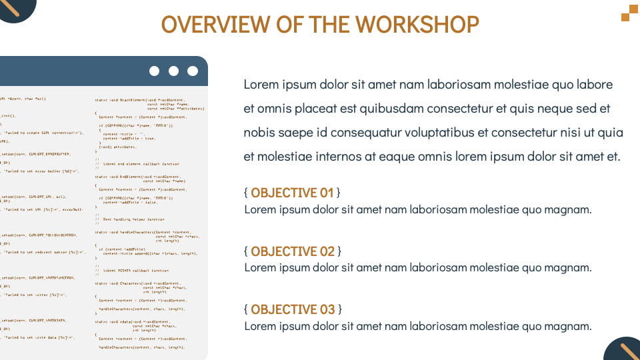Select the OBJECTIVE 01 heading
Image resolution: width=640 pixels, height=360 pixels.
pyautogui.click(x=292, y=193)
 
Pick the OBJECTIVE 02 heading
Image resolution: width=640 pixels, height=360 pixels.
pyautogui.click(x=293, y=251)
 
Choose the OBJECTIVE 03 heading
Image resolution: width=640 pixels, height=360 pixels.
pyautogui.click(x=293, y=309)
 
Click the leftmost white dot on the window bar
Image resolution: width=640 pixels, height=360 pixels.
pyautogui.click(x=155, y=71)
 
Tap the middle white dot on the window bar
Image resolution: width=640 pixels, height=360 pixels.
pyautogui.click(x=174, y=71)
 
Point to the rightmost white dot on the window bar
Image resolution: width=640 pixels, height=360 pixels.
pyautogui.click(x=193, y=71)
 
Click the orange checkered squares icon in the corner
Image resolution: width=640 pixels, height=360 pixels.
pyautogui.click(x=629, y=13)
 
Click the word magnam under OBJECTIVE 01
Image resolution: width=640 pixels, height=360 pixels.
pyautogui.click(x=567, y=209)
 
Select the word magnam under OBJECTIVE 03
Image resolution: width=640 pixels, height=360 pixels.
pyautogui.click(x=567, y=326)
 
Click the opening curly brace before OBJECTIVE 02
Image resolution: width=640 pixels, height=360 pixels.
pyautogui.click(x=246, y=251)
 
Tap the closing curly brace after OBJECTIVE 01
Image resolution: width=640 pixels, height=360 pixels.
pyautogui.click(x=339, y=193)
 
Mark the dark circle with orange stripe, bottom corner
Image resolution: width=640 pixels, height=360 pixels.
pyautogui.click(x=623, y=350)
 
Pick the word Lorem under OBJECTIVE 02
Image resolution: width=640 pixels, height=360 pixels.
pyautogui.click(x=260, y=268)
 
